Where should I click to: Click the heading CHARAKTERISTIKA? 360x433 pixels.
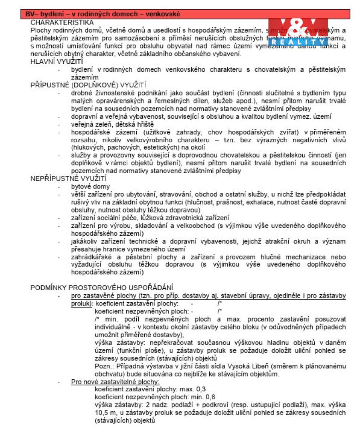(x=62, y=22)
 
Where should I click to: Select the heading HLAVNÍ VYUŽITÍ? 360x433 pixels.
(x=57, y=62)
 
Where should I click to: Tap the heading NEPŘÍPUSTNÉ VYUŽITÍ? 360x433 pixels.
(x=69, y=179)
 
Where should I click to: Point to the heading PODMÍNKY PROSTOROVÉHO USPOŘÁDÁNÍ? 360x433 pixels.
(x=102, y=287)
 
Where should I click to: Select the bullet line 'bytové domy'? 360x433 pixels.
(x=90, y=187)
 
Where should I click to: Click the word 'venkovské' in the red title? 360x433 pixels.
(x=162, y=14)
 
